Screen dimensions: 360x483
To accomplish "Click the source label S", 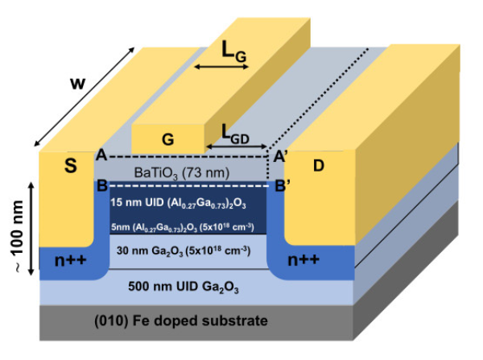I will point(68,168).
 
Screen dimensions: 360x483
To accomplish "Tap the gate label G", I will point(167,139).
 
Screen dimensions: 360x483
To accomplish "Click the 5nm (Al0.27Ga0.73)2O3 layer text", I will point(186,226).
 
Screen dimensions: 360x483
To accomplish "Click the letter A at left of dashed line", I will point(101,153).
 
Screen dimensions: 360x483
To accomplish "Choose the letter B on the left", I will point(101,185).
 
